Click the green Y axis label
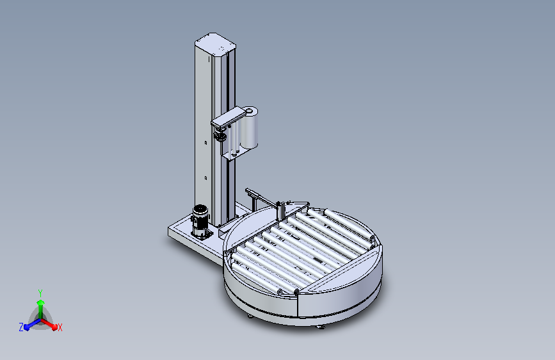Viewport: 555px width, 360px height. click(x=40, y=293)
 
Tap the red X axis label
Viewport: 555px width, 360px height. click(x=60, y=327)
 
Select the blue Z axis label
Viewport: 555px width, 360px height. click(x=21, y=327)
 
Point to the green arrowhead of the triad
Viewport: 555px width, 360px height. click(x=41, y=302)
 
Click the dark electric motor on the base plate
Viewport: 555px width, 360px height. click(x=200, y=221)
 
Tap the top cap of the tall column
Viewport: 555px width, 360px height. click(x=215, y=42)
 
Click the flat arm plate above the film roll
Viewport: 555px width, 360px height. click(x=229, y=119)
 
